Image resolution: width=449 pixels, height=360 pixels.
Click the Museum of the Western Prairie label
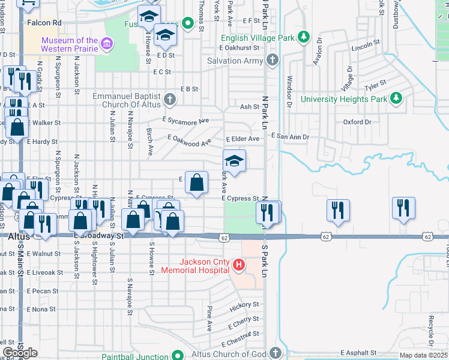point(69,44)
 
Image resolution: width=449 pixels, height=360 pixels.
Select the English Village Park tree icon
point(304,38)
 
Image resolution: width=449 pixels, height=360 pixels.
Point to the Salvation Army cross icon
point(273,61)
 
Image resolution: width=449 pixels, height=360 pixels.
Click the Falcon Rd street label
point(44,22)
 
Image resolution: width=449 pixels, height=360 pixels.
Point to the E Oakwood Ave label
point(190,142)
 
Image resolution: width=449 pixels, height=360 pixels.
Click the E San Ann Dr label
point(290,137)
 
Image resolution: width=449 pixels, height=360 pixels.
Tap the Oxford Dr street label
point(357,122)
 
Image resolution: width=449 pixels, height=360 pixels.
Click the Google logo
point(20,352)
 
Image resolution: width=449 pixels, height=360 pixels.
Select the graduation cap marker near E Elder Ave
point(235,161)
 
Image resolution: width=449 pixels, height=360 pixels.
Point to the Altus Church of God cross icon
point(276,353)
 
